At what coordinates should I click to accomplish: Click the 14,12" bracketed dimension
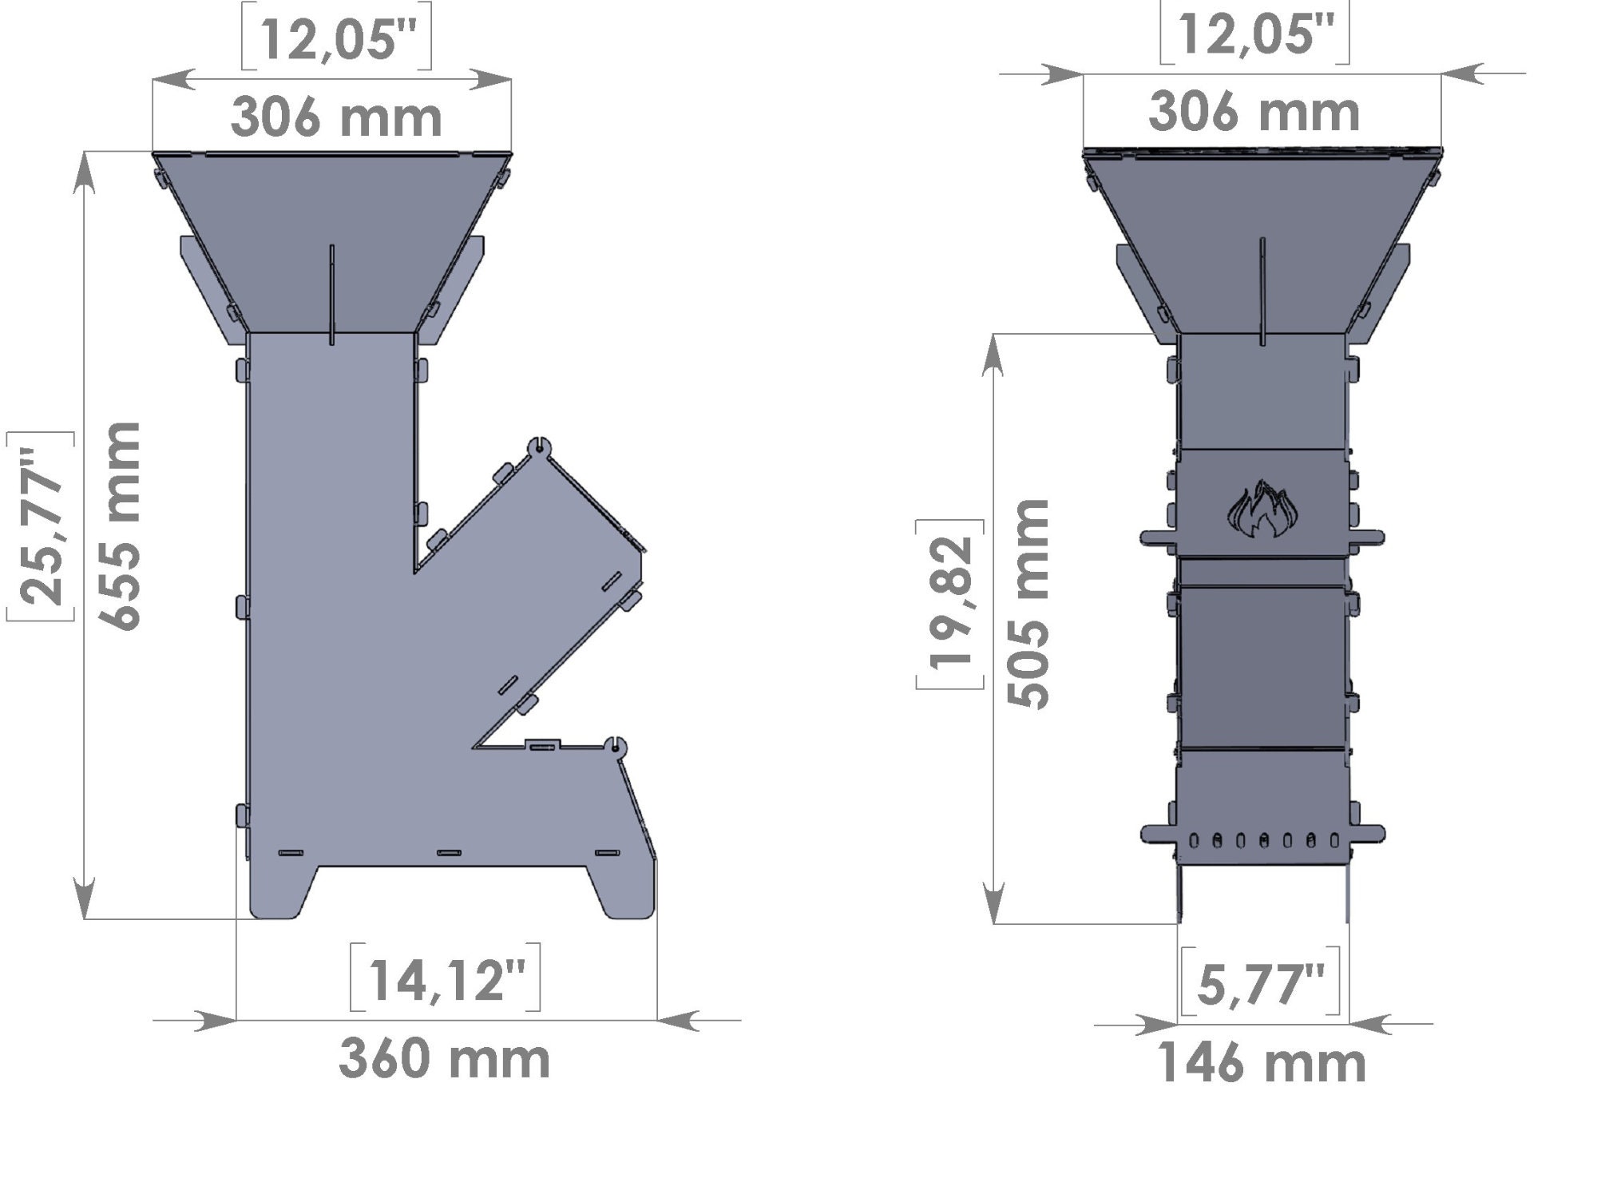pyautogui.click(x=446, y=979)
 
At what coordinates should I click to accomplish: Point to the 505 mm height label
pyautogui.click(x=1028, y=603)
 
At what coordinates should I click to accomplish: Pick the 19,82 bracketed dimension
pyautogui.click(x=950, y=603)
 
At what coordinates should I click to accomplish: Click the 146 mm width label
pyautogui.click(x=1261, y=1063)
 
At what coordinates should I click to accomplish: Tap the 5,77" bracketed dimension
pyautogui.click(x=1261, y=985)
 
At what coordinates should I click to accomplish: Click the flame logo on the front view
pyautogui.click(x=1262, y=509)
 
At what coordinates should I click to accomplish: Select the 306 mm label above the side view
pyautogui.click(x=336, y=117)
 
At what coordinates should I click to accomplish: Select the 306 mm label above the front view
pyautogui.click(x=1254, y=113)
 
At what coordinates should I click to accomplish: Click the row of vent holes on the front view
pyautogui.click(x=1262, y=840)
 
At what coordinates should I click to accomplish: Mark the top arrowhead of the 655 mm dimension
pyautogui.click(x=84, y=172)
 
